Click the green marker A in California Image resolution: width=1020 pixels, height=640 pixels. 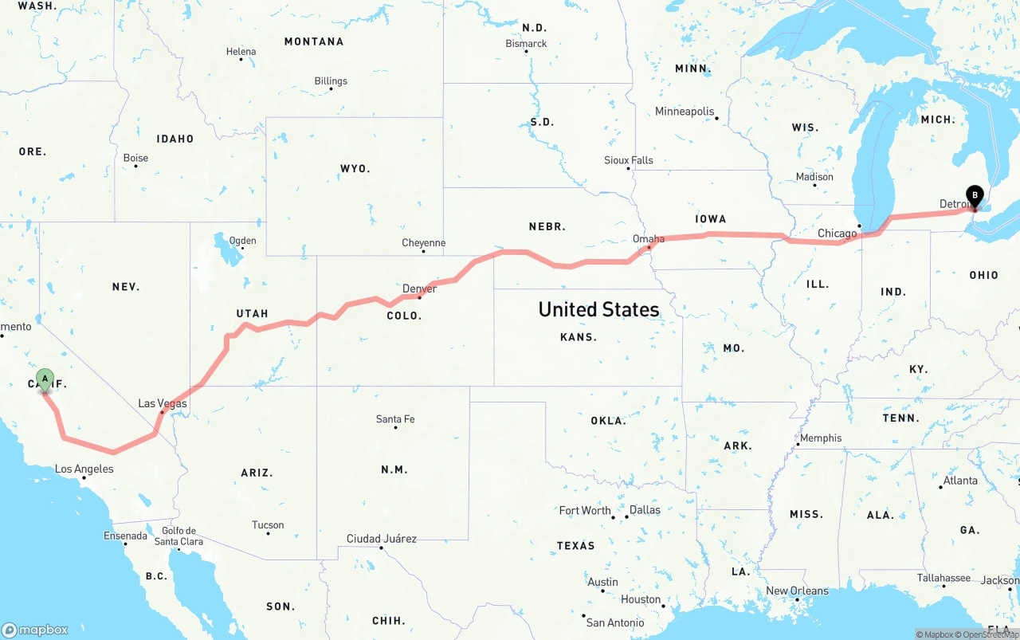pyautogui.click(x=45, y=379)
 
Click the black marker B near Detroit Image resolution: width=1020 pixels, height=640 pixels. pyautogui.click(x=974, y=195)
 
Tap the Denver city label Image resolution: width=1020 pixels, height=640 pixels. pyautogui.click(x=419, y=289)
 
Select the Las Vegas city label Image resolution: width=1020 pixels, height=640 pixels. pyautogui.click(x=163, y=403)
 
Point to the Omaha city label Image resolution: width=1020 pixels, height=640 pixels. pyautogui.click(x=648, y=238)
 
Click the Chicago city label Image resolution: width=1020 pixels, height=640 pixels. pyautogui.click(x=837, y=234)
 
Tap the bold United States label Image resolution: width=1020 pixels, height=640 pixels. pyautogui.click(x=598, y=309)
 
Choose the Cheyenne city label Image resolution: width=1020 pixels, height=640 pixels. pyautogui.click(x=423, y=243)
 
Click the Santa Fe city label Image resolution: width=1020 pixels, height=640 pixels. pyautogui.click(x=395, y=419)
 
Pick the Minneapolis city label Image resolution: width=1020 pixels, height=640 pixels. pyautogui.click(x=685, y=112)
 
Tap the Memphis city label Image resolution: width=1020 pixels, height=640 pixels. pyautogui.click(x=821, y=438)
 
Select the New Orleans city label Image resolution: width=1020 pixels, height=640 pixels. pyautogui.click(x=797, y=591)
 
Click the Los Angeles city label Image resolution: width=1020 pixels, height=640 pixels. pyautogui.click(x=84, y=469)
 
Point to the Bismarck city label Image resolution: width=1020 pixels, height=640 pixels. pyautogui.click(x=526, y=43)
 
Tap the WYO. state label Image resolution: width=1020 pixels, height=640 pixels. pyautogui.click(x=355, y=169)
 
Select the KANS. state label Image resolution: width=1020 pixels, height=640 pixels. pyautogui.click(x=578, y=337)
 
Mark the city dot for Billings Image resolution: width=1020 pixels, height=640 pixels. pyautogui.click(x=331, y=88)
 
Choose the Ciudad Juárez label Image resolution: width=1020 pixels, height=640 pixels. pyautogui.click(x=381, y=539)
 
